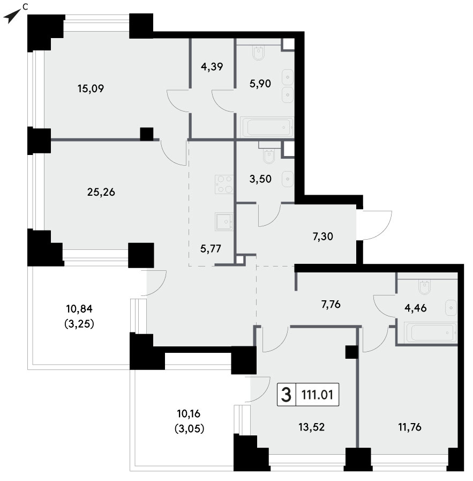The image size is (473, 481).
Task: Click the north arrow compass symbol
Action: (x=12, y=16)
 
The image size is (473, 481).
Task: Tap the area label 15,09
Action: (x=91, y=88)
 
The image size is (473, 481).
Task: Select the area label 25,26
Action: (x=101, y=193)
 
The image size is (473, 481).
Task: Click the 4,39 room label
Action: (x=212, y=66)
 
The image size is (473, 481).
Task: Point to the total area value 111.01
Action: (x=317, y=395)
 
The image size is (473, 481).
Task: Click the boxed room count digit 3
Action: (x=286, y=395)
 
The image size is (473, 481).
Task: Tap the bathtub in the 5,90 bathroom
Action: (x=267, y=127)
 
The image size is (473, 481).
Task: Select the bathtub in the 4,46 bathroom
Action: (x=431, y=332)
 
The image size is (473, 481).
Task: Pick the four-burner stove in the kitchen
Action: (x=224, y=184)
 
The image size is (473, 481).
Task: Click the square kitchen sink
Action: (x=224, y=221)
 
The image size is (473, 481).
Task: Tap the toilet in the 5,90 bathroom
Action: (x=259, y=52)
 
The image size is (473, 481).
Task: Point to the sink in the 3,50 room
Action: (x=288, y=179)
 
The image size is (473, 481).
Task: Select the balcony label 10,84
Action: (x=79, y=309)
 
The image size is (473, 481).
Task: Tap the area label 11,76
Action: (x=410, y=427)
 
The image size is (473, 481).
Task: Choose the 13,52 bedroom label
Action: (x=312, y=427)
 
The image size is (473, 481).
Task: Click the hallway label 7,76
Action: (x=331, y=305)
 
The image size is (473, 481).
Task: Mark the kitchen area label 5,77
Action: (x=211, y=248)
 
